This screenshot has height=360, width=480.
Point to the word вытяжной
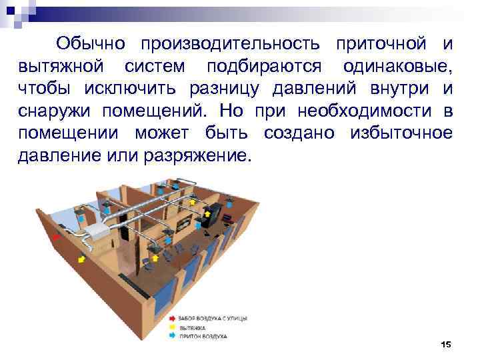pyautogui.click(x=57, y=67)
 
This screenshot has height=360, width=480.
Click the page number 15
pyautogui.click(x=446, y=344)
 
